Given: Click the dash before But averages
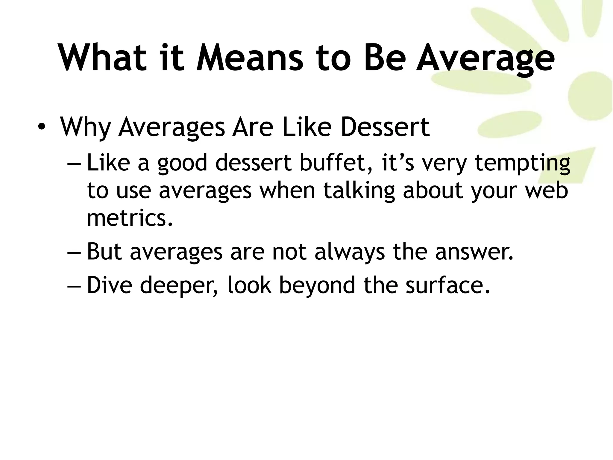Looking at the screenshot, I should pyautogui.click(x=74, y=252).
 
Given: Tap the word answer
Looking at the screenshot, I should pyautogui.click(x=474, y=252).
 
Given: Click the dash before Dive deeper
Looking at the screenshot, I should pyautogui.click(x=74, y=285).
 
